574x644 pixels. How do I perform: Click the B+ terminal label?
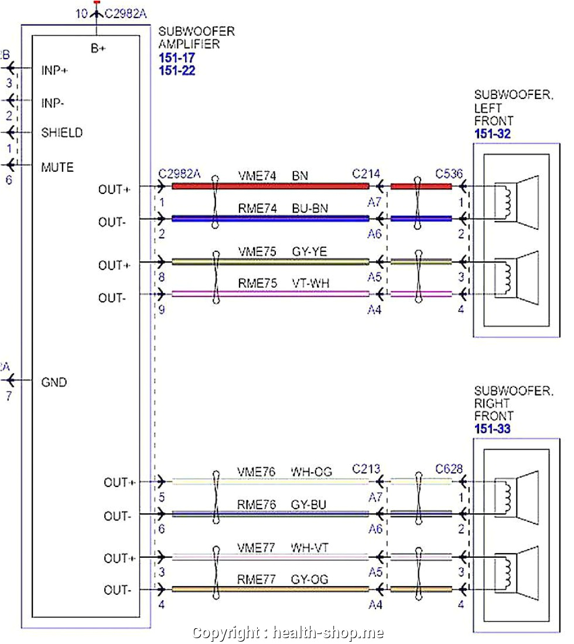(x=98, y=49)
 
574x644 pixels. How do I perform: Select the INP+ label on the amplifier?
(x=54, y=70)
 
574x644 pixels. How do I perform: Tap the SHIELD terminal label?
(x=61, y=132)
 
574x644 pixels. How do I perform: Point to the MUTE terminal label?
(x=57, y=168)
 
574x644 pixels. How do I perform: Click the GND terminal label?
(x=54, y=383)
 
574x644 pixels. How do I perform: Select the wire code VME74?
(x=257, y=175)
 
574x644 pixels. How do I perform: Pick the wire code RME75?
(x=257, y=284)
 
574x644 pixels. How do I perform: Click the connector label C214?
(x=366, y=174)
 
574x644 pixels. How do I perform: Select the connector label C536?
(x=449, y=174)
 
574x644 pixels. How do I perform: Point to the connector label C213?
(x=366, y=469)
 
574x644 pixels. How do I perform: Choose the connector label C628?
(x=449, y=469)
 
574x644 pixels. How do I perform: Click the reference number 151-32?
(x=492, y=134)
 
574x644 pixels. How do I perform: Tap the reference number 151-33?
(x=492, y=429)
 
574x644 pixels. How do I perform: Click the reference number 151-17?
(x=177, y=58)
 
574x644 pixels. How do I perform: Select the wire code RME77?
(x=257, y=580)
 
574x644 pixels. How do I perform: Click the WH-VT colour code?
(x=310, y=547)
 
